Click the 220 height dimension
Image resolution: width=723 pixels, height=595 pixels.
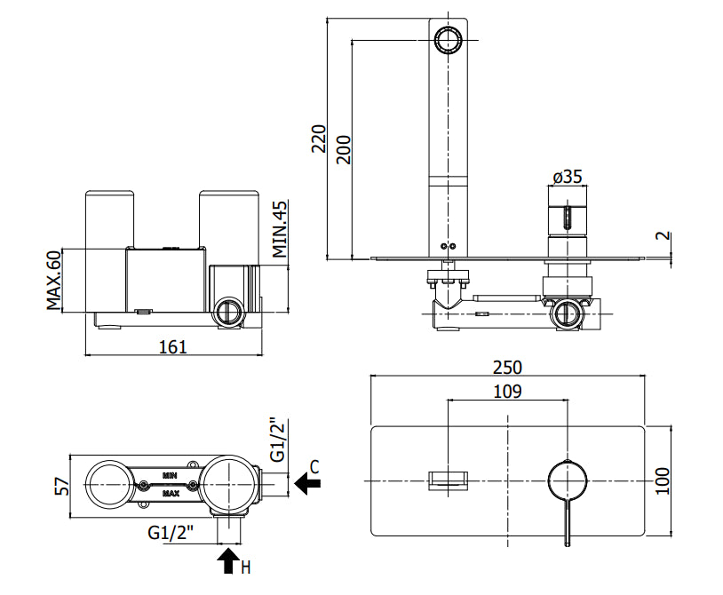point(319,139)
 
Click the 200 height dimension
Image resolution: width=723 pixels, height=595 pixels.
point(344,150)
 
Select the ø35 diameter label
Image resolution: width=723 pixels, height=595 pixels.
point(568,177)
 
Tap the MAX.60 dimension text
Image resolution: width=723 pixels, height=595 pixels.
point(53,281)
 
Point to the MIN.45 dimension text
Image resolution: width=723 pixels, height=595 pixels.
point(280,229)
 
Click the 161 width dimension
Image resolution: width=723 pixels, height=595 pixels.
point(173,346)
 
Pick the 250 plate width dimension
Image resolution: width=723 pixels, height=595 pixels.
point(507,368)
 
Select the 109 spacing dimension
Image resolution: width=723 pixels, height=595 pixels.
point(508,392)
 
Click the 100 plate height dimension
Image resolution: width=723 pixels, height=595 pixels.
point(663,480)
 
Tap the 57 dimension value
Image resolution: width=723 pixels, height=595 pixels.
point(62,486)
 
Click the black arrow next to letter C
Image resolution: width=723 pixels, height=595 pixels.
point(307,483)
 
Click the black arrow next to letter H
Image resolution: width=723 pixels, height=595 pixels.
point(228,559)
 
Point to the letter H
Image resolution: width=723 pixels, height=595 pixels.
point(246,567)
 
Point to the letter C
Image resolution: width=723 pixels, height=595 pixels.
point(314,466)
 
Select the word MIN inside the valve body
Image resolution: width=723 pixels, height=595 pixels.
point(170,475)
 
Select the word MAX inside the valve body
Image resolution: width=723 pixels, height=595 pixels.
point(171,494)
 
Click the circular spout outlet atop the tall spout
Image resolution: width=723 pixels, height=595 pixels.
point(448,41)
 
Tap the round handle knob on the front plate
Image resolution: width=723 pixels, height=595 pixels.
point(568,480)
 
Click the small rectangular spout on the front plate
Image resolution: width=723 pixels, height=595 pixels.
point(449,480)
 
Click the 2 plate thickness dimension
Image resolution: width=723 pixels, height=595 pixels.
point(663,235)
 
